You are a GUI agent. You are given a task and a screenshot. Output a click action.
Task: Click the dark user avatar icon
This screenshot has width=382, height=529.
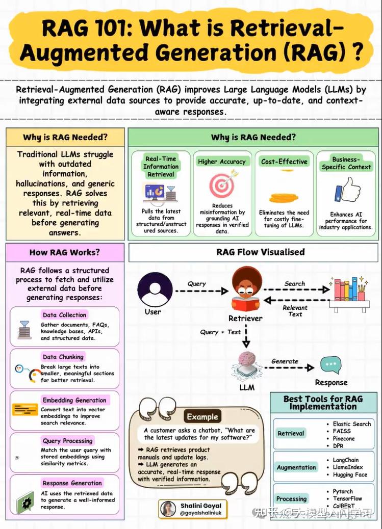(x=155, y=289)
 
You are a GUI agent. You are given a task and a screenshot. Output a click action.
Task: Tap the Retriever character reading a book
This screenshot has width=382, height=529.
(x=246, y=291)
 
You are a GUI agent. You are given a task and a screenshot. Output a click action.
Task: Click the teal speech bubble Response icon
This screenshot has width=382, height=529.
(x=330, y=365)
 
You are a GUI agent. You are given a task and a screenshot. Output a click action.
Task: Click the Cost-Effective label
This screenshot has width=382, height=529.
(x=284, y=162)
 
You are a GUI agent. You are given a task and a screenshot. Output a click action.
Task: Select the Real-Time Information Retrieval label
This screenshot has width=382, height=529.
(x=161, y=166)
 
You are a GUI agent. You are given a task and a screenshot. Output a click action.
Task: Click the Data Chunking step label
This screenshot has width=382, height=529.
(x=63, y=357)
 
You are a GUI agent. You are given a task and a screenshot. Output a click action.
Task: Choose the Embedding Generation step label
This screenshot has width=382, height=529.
(x=74, y=400)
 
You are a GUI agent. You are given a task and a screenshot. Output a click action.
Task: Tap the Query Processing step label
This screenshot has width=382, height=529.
(x=67, y=440)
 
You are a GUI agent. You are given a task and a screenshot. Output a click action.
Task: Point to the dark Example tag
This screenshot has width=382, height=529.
(x=202, y=416)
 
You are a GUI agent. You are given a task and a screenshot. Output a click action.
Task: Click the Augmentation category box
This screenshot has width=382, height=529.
(x=296, y=467)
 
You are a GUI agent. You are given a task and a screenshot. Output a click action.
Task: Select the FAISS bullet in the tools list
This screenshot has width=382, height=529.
(x=342, y=431)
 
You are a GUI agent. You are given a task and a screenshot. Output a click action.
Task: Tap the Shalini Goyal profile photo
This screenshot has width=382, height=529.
(x=168, y=509)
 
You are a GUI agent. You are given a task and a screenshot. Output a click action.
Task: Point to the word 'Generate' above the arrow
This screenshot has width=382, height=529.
(x=285, y=361)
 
